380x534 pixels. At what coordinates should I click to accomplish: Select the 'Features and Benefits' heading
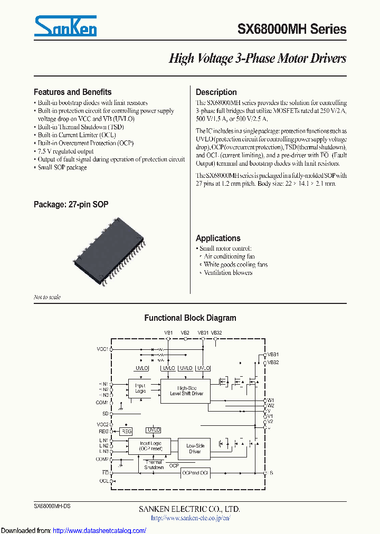[x=72, y=92]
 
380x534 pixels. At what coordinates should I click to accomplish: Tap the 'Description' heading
[x=216, y=92]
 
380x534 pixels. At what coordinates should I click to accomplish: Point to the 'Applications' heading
[x=218, y=238]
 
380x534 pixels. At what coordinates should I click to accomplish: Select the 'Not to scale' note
[x=47, y=297]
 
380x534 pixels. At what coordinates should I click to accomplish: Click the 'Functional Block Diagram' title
[x=190, y=318]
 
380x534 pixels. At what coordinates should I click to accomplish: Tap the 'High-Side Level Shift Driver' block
[x=187, y=391]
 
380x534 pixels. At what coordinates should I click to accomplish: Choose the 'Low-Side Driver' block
[x=195, y=449]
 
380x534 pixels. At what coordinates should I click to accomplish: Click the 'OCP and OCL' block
[x=195, y=473]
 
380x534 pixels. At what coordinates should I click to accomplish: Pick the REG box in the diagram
[x=126, y=431]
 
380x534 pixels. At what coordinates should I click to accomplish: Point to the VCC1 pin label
[x=102, y=349]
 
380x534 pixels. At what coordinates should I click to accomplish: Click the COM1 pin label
[x=102, y=402]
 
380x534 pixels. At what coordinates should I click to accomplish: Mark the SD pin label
[x=105, y=413]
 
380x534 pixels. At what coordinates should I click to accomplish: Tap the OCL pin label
[x=103, y=481]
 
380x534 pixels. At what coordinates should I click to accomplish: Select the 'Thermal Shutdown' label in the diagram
[x=154, y=464]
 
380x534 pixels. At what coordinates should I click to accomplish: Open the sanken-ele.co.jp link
[x=190, y=518]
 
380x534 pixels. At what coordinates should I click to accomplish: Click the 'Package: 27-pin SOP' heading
[x=71, y=204]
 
